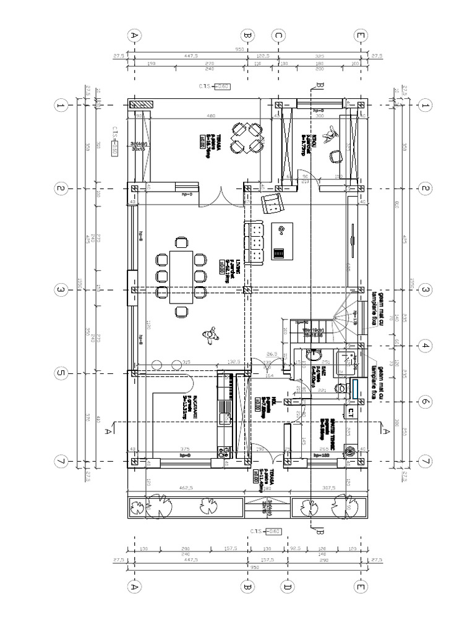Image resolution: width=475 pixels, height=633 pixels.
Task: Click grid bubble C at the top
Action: click(278, 36)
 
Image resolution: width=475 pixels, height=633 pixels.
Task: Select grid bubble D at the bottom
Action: click(286, 585)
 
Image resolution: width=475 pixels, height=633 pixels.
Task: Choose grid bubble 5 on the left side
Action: click(61, 373)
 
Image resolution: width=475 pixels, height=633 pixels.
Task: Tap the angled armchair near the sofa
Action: click(272, 203)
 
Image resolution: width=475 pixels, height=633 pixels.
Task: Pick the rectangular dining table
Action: click(181, 268)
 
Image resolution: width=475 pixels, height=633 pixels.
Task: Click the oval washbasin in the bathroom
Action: click(313, 355)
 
